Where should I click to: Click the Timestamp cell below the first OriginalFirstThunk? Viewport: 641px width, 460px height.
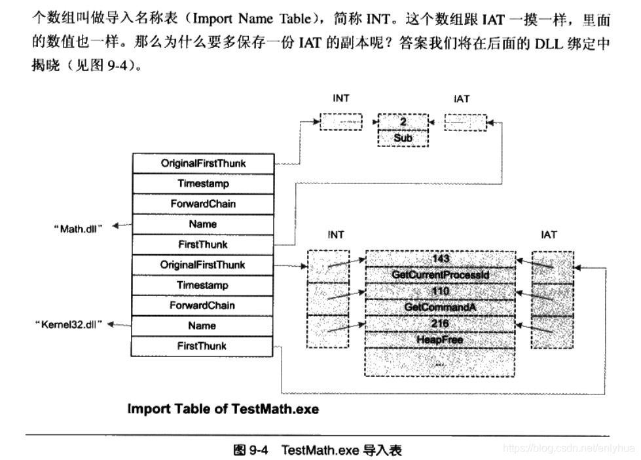(x=203, y=183)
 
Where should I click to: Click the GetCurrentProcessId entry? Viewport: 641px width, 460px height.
(x=440, y=275)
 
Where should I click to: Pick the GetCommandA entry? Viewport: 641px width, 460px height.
(x=440, y=307)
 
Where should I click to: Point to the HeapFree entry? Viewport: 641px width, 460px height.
(x=440, y=339)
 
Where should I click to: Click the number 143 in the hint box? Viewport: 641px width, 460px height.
(x=440, y=259)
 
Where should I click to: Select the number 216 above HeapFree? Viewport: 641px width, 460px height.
(x=440, y=323)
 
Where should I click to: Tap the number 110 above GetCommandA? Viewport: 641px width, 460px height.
(x=440, y=290)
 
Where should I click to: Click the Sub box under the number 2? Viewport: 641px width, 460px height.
(x=403, y=138)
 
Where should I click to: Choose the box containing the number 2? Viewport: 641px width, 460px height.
(x=403, y=123)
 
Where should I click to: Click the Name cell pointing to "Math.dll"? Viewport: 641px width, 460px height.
(x=203, y=224)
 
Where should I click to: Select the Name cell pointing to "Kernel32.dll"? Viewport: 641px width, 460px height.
(x=203, y=326)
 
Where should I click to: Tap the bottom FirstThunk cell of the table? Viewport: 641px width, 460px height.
(x=203, y=346)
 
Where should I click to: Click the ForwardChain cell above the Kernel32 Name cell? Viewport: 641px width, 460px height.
(x=203, y=305)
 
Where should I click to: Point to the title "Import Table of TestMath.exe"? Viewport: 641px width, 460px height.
(x=223, y=409)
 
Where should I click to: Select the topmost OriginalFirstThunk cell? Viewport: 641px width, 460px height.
(x=203, y=163)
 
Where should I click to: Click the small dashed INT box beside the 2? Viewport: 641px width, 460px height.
(x=340, y=122)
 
